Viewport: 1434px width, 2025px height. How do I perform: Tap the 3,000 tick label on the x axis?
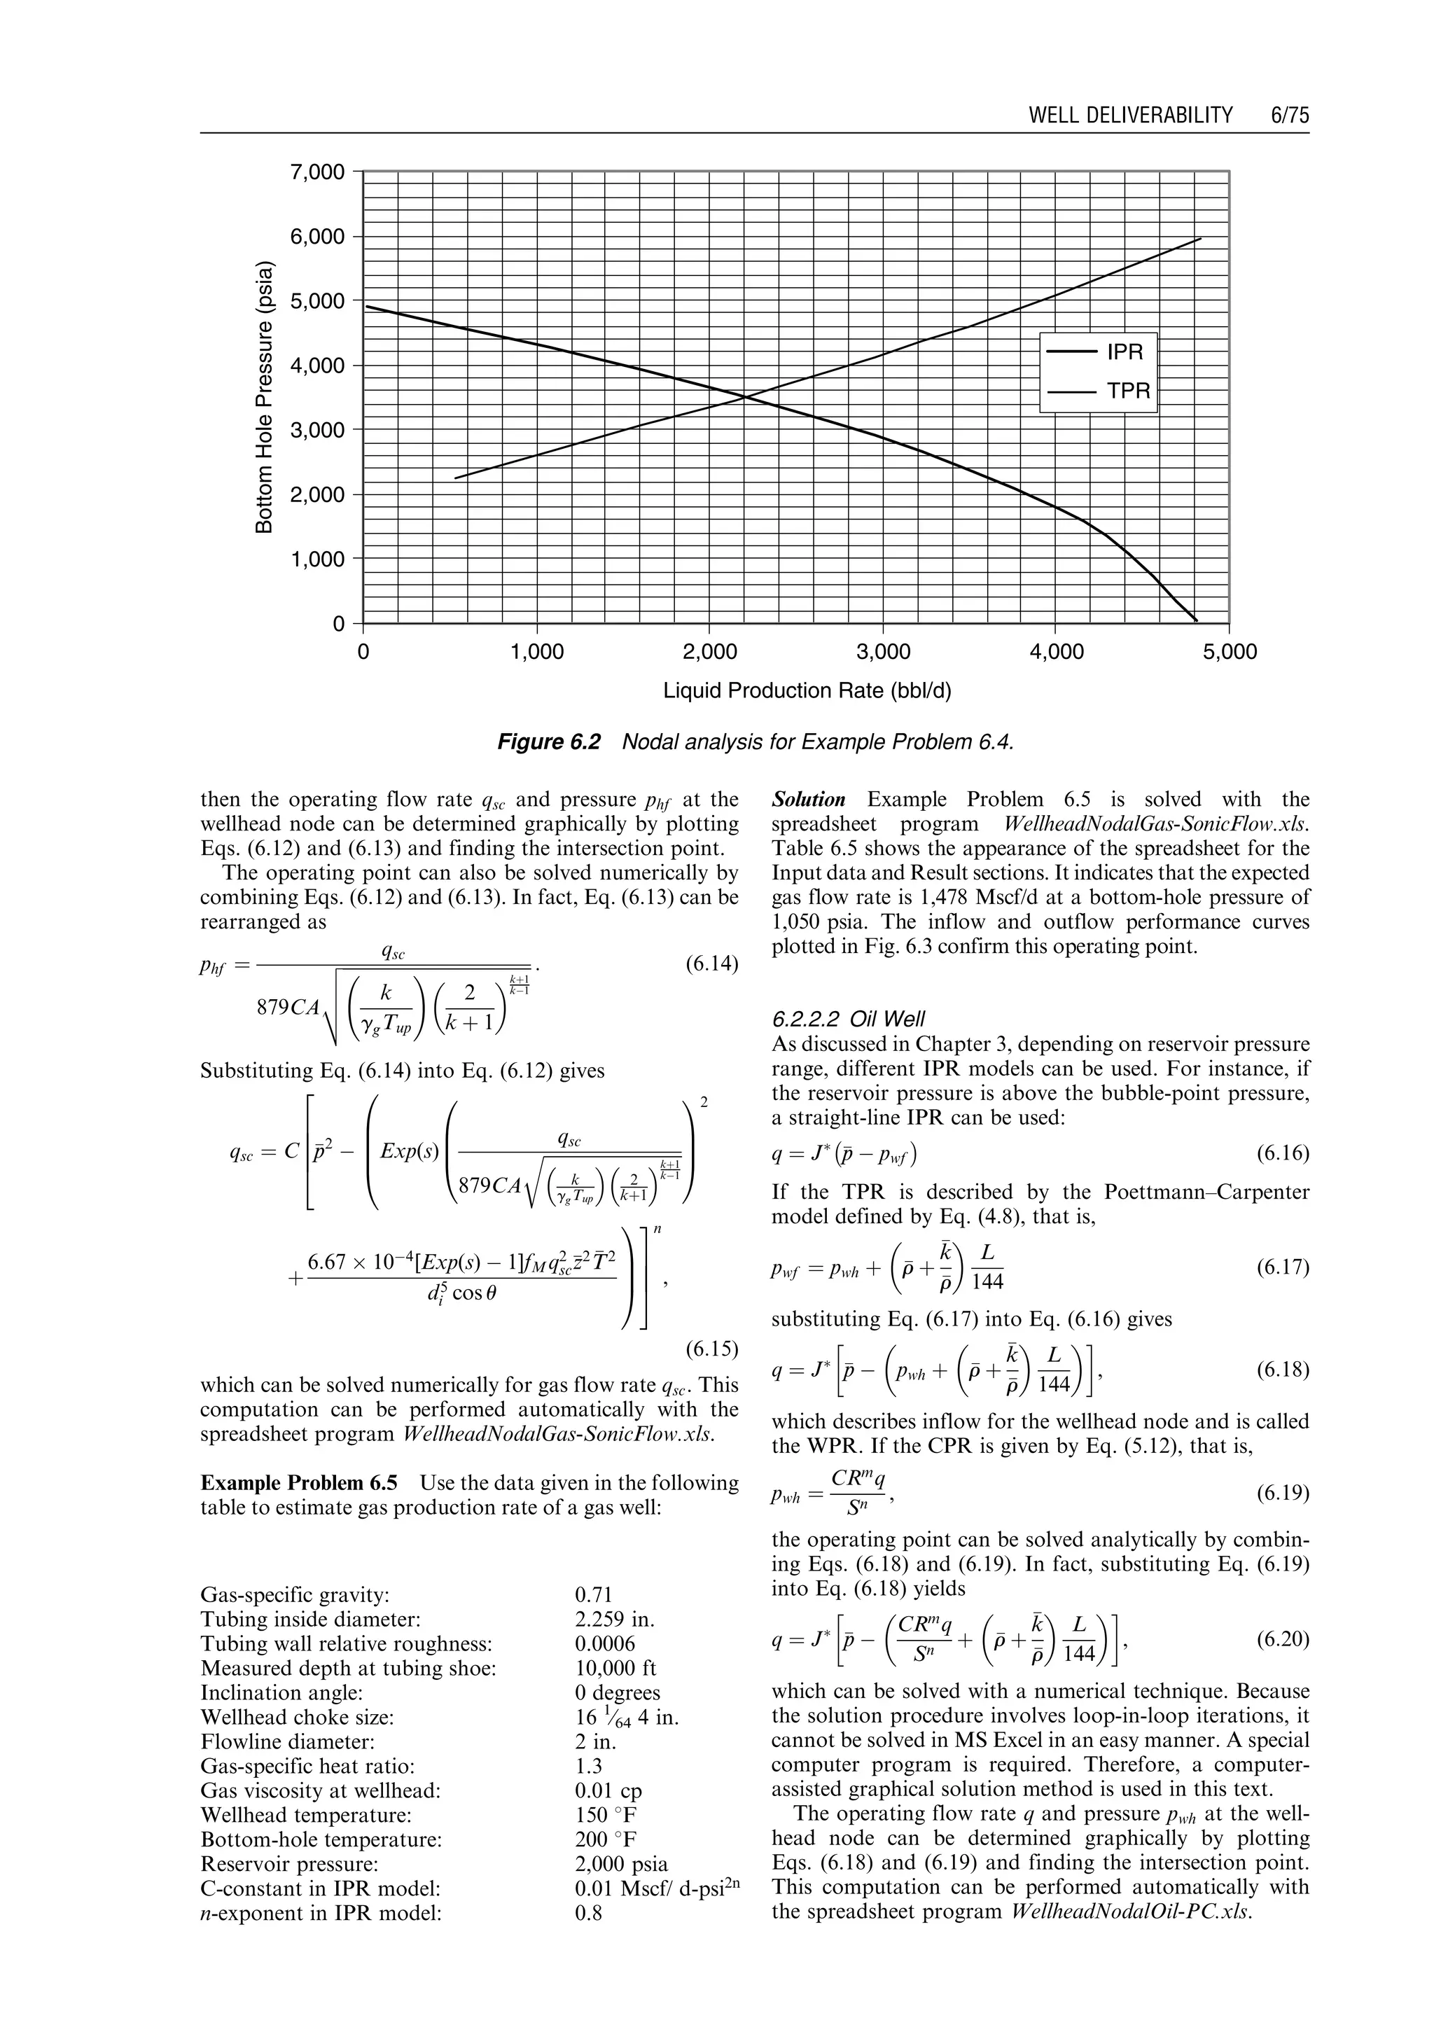coord(883,653)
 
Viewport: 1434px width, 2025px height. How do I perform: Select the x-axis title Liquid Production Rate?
coord(807,690)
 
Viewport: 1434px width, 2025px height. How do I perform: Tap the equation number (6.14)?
coord(711,963)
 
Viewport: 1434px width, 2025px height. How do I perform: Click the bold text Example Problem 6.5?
coord(300,1483)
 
